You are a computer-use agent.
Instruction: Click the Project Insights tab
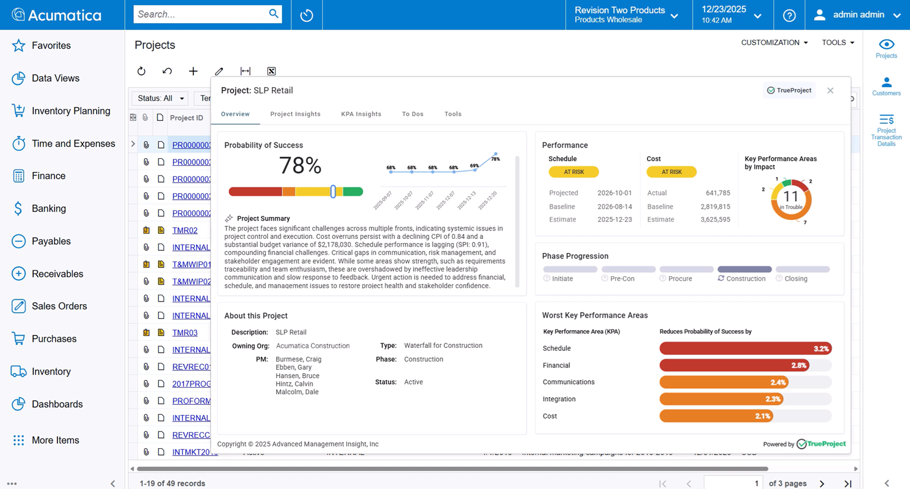295,114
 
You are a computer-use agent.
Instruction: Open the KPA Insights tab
361,114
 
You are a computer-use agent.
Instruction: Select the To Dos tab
412,114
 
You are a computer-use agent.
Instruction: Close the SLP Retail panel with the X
830,91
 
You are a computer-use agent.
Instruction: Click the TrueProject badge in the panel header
789,91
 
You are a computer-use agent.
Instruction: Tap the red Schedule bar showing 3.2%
745,349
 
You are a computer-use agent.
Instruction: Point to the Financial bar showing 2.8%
734,366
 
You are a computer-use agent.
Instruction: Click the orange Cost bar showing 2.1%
716,416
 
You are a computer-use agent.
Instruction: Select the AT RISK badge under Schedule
573,172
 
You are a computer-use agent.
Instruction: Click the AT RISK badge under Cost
671,172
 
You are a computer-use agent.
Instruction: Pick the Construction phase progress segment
744,270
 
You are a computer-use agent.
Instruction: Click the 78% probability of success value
300,166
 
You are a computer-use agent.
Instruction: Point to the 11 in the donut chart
790,197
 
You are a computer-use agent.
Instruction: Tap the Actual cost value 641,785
717,193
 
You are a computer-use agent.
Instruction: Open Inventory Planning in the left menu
71,111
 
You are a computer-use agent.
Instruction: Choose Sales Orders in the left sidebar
59,306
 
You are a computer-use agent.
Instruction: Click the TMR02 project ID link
185,231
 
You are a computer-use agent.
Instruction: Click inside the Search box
200,14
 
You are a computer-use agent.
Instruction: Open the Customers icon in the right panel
886,86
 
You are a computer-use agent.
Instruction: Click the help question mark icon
789,15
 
